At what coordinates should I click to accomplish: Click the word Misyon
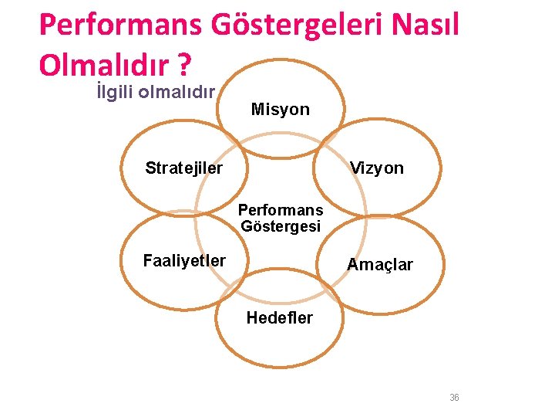click(281, 110)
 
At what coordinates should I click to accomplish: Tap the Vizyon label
click(376, 168)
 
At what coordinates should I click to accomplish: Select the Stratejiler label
click(184, 168)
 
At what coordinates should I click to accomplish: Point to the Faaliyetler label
click(184, 261)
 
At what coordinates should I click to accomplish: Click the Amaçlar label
click(380, 265)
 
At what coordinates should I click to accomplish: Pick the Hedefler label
click(280, 317)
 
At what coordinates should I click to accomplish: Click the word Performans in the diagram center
click(281, 210)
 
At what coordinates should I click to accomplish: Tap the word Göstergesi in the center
click(281, 226)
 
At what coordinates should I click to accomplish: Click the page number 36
click(454, 398)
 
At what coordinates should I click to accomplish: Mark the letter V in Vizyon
click(354, 168)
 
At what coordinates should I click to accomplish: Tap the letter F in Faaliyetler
click(147, 261)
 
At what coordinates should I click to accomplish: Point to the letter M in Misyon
click(257, 110)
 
